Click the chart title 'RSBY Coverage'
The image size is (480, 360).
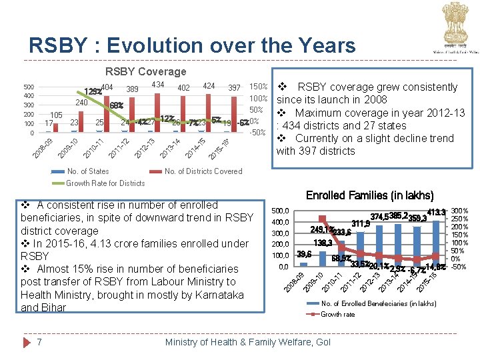pos(145,71)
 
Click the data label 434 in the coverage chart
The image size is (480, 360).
pos(158,85)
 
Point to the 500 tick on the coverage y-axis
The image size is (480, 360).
pos(29,87)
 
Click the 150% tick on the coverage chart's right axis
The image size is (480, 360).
pos(258,87)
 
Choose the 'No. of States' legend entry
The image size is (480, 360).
pos(87,171)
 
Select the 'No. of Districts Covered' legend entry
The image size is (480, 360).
pos(203,171)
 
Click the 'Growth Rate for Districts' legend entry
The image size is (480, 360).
pos(105,183)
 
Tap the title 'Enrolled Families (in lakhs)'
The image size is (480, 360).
pos(369,195)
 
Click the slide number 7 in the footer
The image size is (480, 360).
pos(41,342)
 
